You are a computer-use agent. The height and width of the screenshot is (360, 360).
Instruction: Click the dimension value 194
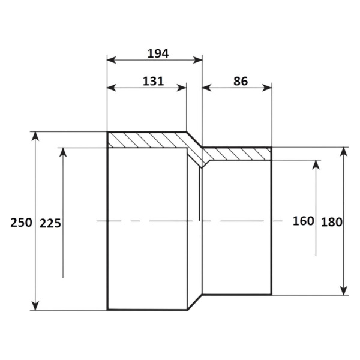coord(158,53)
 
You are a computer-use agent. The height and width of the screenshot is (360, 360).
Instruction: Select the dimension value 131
coord(154,81)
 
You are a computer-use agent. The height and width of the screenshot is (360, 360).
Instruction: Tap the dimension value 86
coord(241,81)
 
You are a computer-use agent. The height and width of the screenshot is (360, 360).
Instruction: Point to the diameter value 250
coord(21,223)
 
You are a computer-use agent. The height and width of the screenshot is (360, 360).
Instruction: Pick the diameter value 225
coord(50,223)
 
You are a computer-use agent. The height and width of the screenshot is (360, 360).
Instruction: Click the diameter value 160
coord(303,221)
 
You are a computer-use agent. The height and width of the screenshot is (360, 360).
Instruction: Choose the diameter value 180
coord(332,222)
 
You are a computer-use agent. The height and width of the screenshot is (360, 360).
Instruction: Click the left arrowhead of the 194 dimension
coord(112,60)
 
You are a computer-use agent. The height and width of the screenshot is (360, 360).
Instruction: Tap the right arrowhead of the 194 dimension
coord(197,60)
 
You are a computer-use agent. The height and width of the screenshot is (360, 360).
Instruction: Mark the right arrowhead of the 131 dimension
coord(182,88)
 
